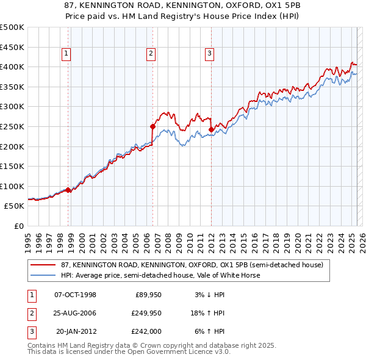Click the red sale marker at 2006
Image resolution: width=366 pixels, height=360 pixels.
[152, 126]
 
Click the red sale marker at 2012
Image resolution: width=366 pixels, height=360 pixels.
[210, 129]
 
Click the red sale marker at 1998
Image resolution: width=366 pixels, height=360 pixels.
[68, 190]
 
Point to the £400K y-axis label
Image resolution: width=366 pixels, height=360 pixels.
[12, 67]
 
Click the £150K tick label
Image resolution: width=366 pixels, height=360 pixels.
[12, 166]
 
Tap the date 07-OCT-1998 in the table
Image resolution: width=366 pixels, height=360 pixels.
[76, 295]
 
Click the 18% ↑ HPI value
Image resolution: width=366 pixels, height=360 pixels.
[209, 313]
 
